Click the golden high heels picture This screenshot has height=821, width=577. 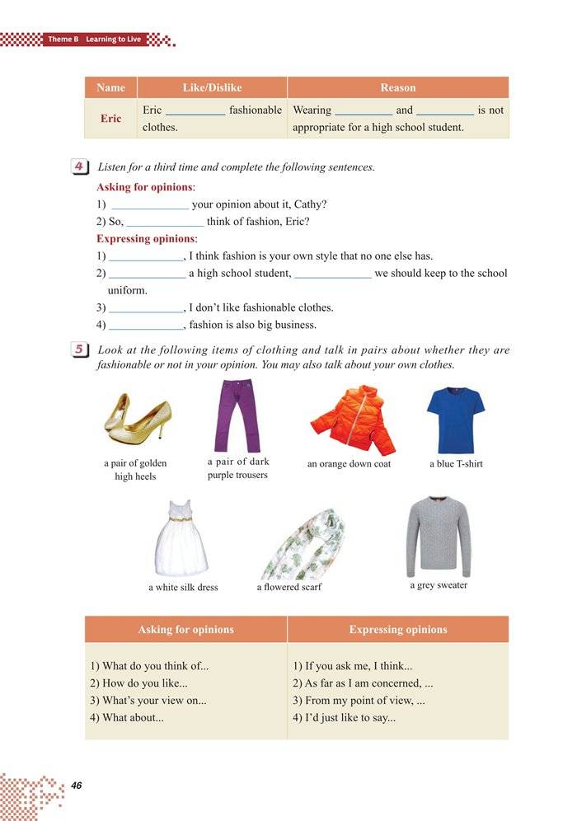137,416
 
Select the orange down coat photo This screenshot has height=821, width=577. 351,419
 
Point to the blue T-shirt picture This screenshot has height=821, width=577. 456,420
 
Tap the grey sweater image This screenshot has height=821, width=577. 438,536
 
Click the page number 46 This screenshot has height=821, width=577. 77,784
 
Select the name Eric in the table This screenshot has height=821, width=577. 110,119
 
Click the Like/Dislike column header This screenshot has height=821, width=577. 212,87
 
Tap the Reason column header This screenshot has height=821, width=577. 397,87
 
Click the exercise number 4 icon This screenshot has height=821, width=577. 81,167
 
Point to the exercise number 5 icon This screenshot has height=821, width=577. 81,350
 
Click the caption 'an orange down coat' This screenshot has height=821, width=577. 349,464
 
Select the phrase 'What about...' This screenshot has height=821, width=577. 127,718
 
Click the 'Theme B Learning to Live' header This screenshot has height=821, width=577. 94,40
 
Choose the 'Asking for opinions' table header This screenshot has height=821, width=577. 185,630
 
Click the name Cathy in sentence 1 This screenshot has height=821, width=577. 310,204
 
